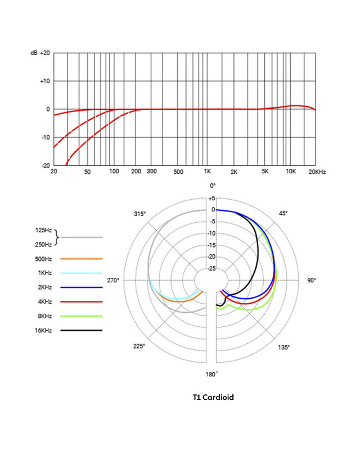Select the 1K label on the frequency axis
(x=207, y=170)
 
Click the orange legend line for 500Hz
(x=81, y=259)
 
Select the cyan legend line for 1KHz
(x=81, y=273)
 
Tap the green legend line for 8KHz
(x=81, y=316)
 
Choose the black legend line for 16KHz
(x=81, y=330)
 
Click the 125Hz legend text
(x=43, y=230)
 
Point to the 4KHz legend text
(x=43, y=302)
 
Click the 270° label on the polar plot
(x=115, y=280)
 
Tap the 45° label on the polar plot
(x=283, y=213)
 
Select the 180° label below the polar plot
(x=211, y=373)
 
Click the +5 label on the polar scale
(x=211, y=199)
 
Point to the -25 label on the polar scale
(x=211, y=268)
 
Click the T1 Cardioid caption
(x=213, y=397)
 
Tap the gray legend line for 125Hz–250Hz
(x=81, y=237)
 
